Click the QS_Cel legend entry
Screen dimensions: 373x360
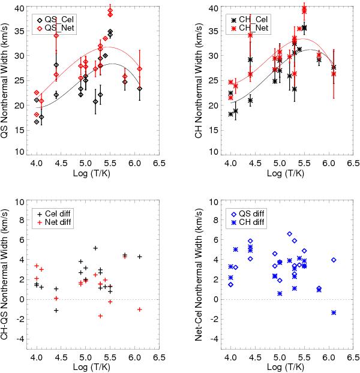click(x=53, y=18)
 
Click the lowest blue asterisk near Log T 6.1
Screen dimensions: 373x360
click(x=334, y=312)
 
